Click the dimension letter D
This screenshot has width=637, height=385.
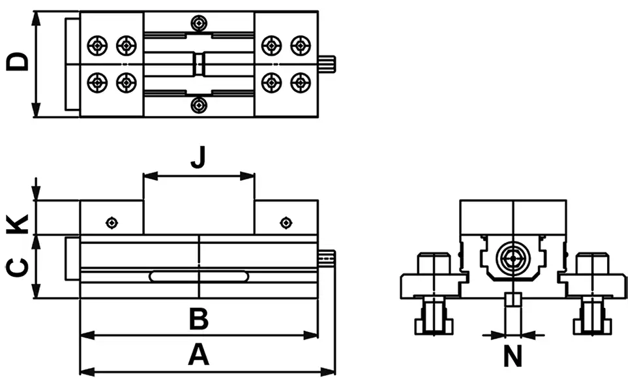[x=18, y=62]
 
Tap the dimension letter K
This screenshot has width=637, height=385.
[x=18, y=224]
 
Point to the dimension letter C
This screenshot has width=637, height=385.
[x=18, y=268]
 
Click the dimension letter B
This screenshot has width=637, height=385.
[x=199, y=318]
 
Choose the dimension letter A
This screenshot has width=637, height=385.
[x=199, y=354]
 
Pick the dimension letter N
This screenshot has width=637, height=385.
[x=512, y=356]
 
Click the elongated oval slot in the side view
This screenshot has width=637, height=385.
[x=199, y=277]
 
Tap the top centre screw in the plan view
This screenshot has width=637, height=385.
[x=199, y=23]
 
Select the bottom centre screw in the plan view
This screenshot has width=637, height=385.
[x=199, y=105]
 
